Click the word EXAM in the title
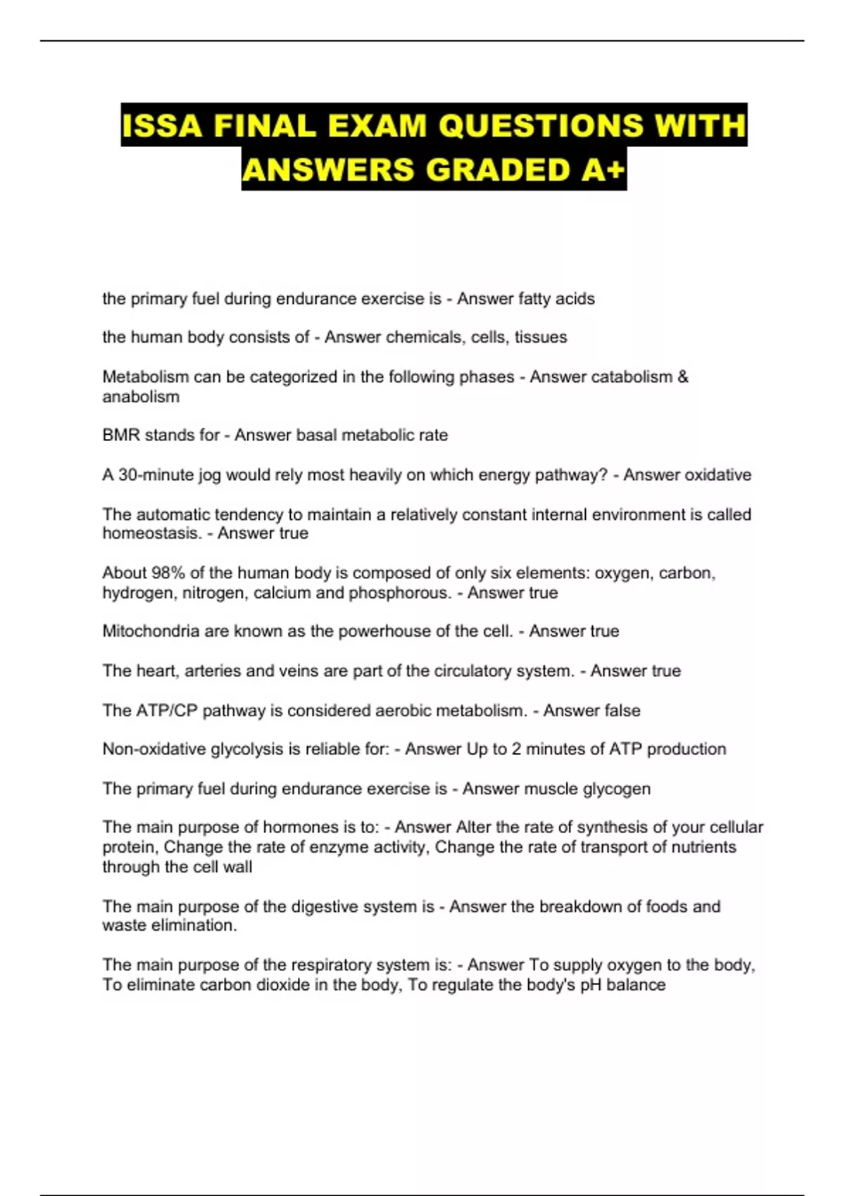(377, 126)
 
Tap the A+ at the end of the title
(603, 170)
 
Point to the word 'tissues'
(540, 338)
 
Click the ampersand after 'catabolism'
(682, 377)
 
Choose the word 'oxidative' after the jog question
(718, 475)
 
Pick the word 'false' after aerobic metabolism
(620, 711)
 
